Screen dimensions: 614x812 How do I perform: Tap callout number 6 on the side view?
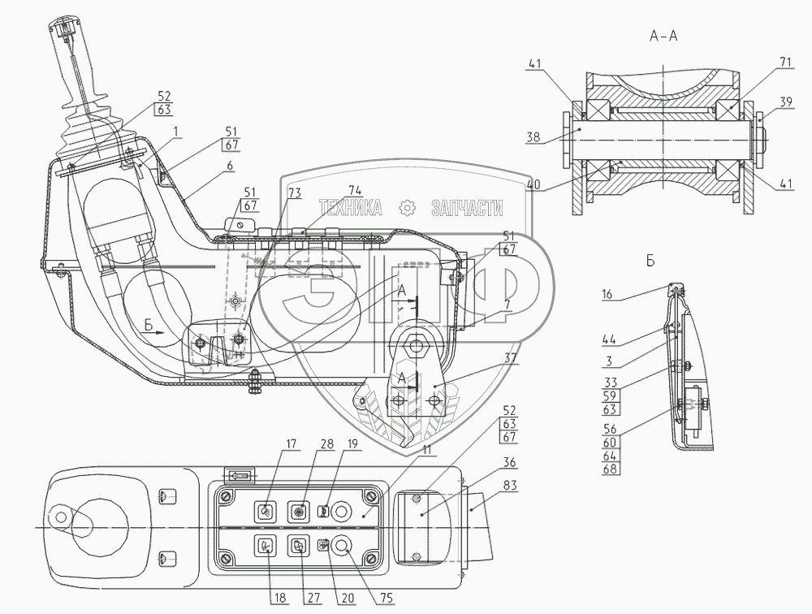click(230, 165)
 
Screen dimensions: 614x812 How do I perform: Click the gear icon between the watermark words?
click(406, 208)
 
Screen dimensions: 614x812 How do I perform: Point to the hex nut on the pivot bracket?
click(419, 345)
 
